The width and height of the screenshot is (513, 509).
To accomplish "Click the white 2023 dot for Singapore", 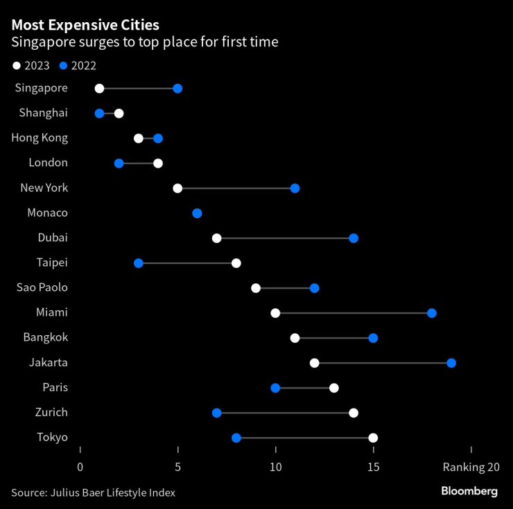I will click(x=99, y=89).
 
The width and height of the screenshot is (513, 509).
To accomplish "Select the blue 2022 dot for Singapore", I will click(x=177, y=89).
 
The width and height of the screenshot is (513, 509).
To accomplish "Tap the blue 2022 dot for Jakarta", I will click(x=451, y=363).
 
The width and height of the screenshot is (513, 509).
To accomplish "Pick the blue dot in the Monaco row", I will click(x=197, y=213).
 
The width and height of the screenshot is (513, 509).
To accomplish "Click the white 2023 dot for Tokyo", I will click(x=373, y=438).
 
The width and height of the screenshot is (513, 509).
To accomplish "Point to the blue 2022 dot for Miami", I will click(x=432, y=313).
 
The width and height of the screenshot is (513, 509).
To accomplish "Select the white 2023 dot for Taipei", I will click(x=236, y=263).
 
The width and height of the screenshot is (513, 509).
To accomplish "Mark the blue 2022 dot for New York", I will click(x=295, y=188).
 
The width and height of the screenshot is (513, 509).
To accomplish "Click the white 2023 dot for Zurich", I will click(x=354, y=413).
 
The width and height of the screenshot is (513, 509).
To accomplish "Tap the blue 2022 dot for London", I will click(x=119, y=163).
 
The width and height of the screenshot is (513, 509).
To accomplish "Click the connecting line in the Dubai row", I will click(x=285, y=238).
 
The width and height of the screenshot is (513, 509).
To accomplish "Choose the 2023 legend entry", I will click(x=31, y=66).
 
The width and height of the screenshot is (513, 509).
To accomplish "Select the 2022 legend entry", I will click(x=78, y=66).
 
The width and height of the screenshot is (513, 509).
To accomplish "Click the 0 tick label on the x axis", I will click(x=80, y=467).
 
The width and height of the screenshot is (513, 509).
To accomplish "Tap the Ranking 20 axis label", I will click(x=471, y=467).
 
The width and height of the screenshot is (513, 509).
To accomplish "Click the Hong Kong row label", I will click(x=40, y=138).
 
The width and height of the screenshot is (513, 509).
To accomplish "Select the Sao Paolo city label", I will click(x=42, y=287).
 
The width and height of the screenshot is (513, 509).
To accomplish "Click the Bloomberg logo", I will click(x=469, y=491).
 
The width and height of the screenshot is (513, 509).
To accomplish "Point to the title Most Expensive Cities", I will click(x=85, y=26).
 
